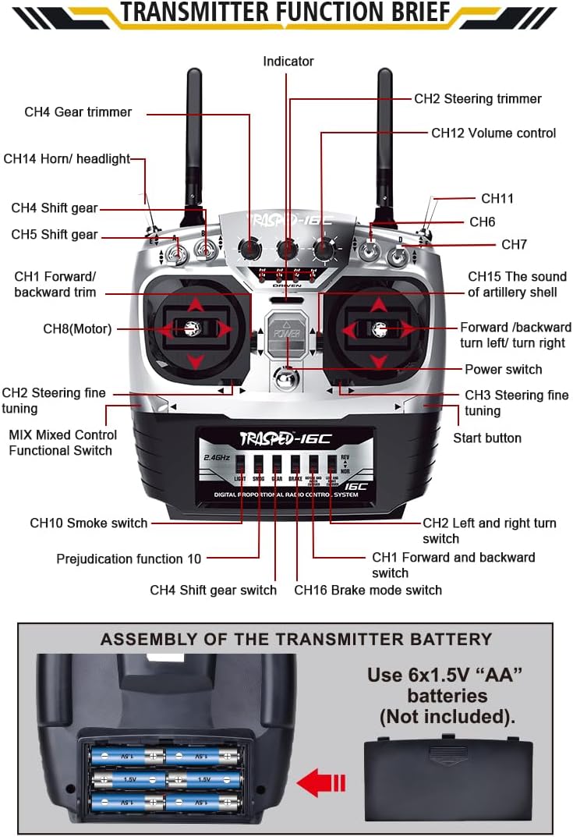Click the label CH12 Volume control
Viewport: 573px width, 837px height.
point(493,133)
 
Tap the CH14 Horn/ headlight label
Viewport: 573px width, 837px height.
point(67,159)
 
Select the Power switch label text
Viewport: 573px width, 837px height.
point(503,369)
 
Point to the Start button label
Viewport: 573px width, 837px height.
point(487,438)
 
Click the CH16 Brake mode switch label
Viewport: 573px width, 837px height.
point(368,590)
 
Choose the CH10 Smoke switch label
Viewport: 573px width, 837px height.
point(89,523)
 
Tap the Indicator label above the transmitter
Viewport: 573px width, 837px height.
point(288,62)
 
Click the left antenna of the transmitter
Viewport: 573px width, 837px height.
point(194,133)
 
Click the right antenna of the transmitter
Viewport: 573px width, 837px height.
point(384,133)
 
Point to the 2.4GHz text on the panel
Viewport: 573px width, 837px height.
point(216,457)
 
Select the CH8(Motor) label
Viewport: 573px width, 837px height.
point(77,329)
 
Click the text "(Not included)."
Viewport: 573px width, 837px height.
point(447,715)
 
